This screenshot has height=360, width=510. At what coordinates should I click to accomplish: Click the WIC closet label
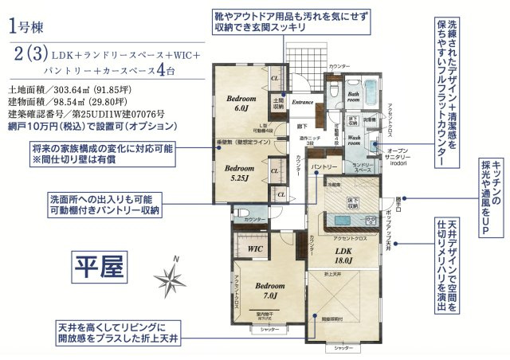tap(255, 249)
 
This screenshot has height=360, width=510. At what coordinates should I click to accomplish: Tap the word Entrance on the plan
tap(302, 102)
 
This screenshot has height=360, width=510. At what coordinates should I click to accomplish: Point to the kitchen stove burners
tap(368, 219)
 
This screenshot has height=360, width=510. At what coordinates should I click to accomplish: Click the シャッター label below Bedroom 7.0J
tap(269, 328)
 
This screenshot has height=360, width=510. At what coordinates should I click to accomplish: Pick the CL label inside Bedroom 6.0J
tap(274, 79)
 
